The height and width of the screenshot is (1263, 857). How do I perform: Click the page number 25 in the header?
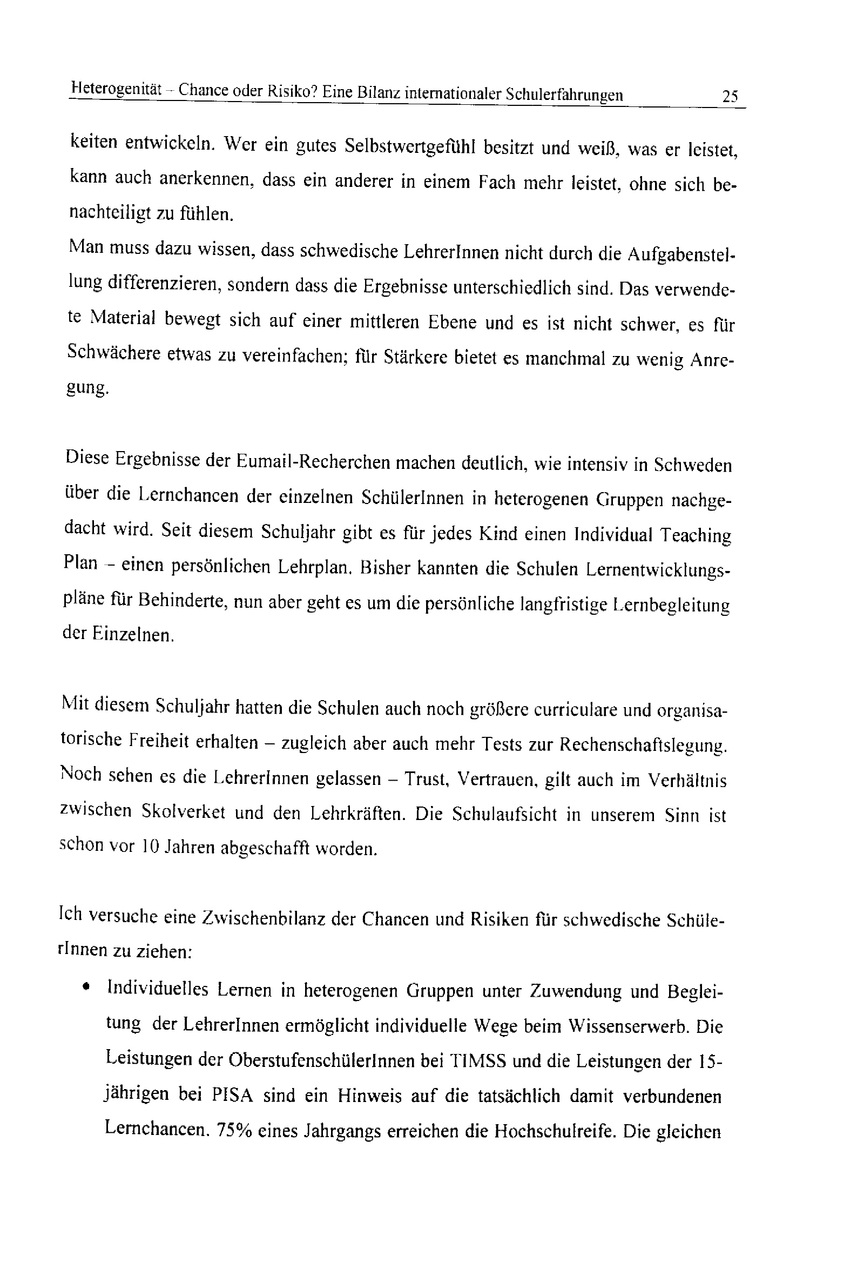coord(730,97)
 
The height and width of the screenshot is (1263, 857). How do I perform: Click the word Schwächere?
coord(113,353)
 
